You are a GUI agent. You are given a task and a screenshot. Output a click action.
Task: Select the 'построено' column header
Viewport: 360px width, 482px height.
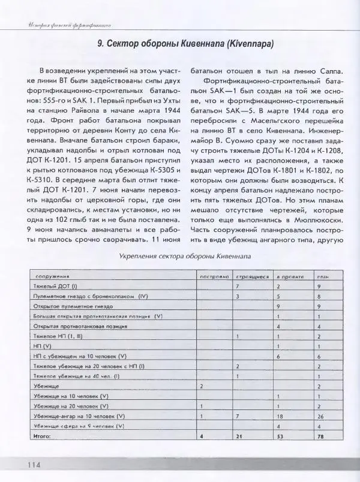point(214,277)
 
